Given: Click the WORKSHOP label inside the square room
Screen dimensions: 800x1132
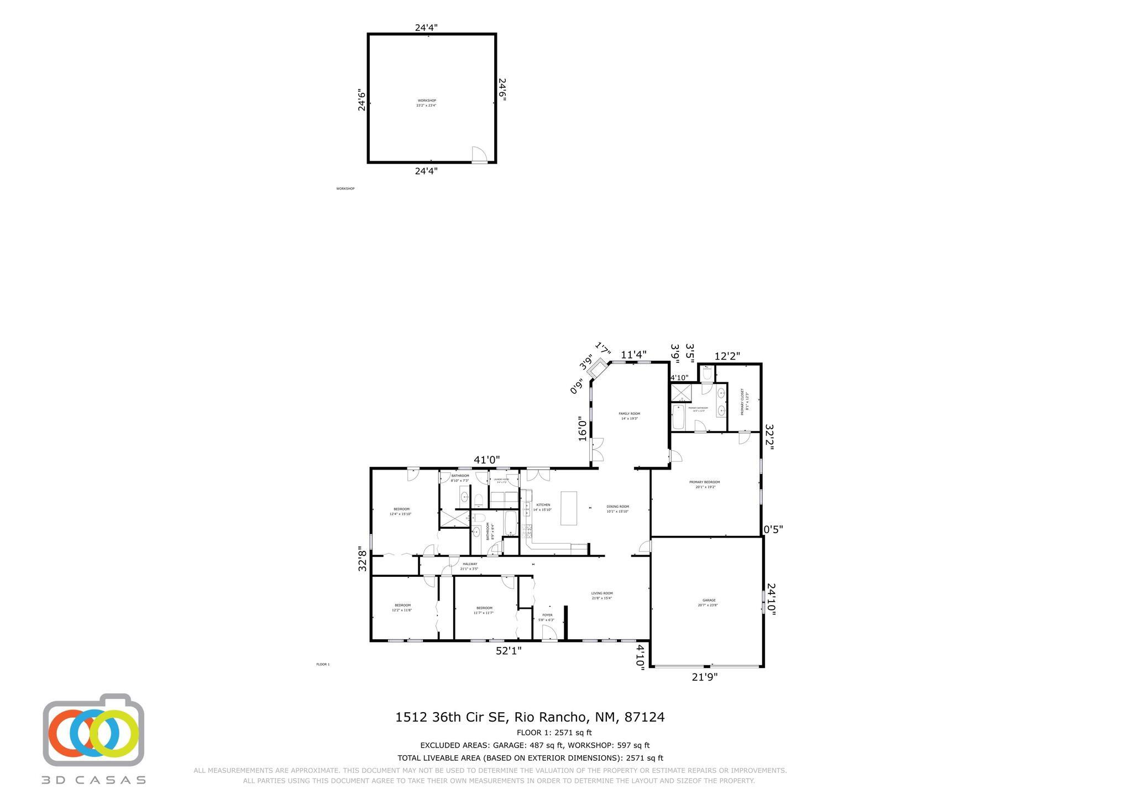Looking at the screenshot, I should pyautogui.click(x=426, y=101).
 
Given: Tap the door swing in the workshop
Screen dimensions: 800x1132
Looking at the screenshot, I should pyautogui.click(x=479, y=155).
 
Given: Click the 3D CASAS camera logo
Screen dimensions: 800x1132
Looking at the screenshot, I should pyautogui.click(x=93, y=730).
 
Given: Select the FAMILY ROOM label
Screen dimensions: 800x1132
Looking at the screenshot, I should pyautogui.click(x=629, y=414).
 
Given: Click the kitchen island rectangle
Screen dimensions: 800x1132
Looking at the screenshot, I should pyautogui.click(x=569, y=508).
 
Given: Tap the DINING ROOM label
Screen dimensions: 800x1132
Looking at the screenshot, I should pyautogui.click(x=617, y=507).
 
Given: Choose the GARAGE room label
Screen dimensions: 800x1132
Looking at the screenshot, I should pyautogui.click(x=709, y=601).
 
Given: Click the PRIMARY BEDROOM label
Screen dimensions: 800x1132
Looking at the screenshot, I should pyautogui.click(x=704, y=482).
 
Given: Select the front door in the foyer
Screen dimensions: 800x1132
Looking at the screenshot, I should pyautogui.click(x=549, y=633).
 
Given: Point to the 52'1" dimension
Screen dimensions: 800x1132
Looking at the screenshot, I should pyautogui.click(x=509, y=651).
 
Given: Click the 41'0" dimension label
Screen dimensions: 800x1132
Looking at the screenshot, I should pyautogui.click(x=487, y=460).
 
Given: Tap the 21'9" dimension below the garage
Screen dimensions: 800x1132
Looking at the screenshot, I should pyautogui.click(x=705, y=677).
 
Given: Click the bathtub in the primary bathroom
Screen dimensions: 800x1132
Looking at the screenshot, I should pyautogui.click(x=678, y=418).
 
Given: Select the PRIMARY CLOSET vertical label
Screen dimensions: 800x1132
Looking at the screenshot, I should pyautogui.click(x=742, y=402).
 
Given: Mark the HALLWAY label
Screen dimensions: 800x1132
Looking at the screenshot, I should pyautogui.click(x=469, y=564).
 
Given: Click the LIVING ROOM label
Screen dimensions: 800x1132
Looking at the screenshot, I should pyautogui.click(x=602, y=593).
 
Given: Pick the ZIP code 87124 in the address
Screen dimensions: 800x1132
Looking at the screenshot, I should pyautogui.click(x=644, y=717).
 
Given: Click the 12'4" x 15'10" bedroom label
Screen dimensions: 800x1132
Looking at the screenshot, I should pyautogui.click(x=401, y=512).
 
